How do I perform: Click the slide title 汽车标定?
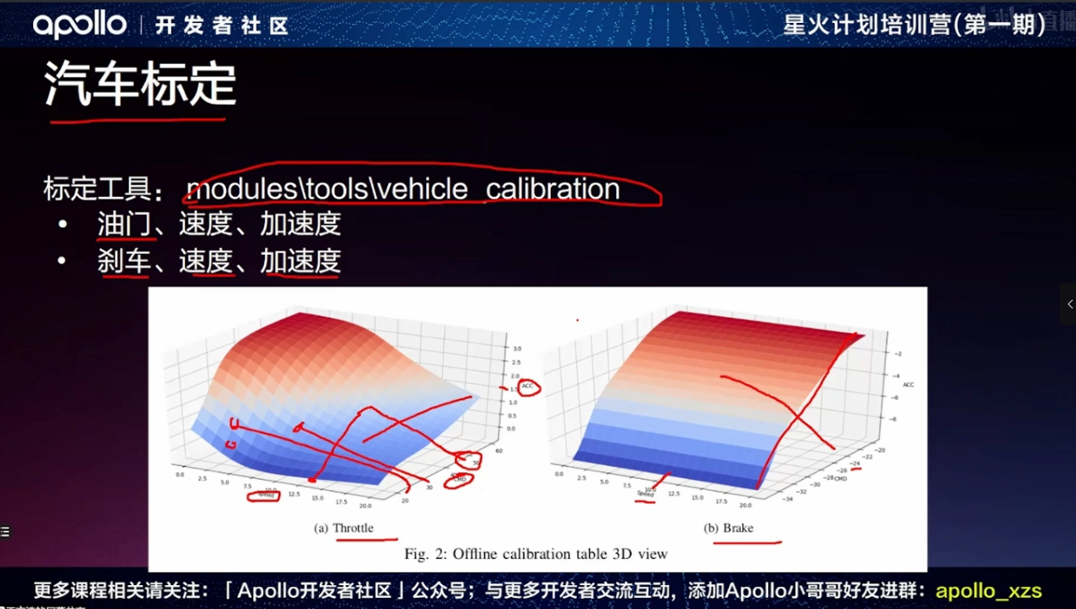tap(140, 84)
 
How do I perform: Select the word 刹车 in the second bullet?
tap(124, 261)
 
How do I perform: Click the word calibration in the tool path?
tap(552, 189)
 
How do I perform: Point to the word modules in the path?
tap(239, 189)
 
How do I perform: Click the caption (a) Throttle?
tap(344, 528)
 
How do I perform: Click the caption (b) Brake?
tap(728, 528)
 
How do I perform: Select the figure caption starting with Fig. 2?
tap(535, 554)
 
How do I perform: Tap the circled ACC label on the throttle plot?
tap(530, 386)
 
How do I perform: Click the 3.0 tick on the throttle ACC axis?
tap(517, 349)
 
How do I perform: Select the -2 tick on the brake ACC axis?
tap(897, 353)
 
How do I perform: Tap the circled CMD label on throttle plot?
tap(460, 479)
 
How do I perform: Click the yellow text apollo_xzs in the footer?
tap(988, 590)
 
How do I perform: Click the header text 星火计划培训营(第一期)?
tap(913, 25)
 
